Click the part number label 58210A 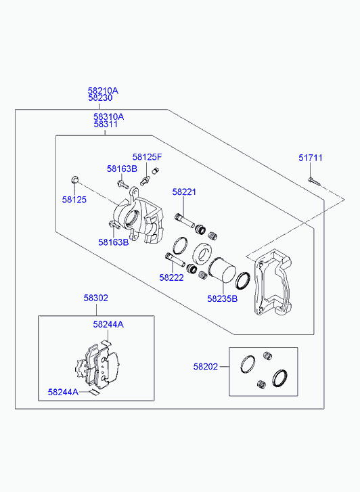[103, 91]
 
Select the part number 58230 [100, 98]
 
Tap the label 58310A [108, 116]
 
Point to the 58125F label [148, 157]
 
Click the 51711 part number [311, 158]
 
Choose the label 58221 [184, 192]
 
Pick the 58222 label [171, 277]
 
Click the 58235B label [223, 298]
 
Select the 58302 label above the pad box [95, 298]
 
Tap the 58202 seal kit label [206, 367]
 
